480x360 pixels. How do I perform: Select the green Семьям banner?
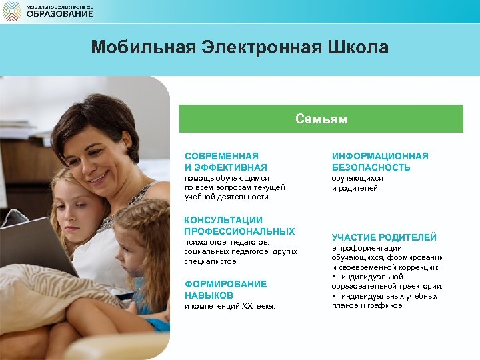321,119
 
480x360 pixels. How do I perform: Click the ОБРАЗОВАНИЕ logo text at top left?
59,14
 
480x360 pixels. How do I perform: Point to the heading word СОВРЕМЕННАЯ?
221,156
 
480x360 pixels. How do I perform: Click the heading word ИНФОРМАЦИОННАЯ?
380,156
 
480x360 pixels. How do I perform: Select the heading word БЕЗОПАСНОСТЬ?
371,167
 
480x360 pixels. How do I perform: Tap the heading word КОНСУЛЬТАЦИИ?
223,220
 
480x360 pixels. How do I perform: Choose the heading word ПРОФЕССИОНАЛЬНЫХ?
239,231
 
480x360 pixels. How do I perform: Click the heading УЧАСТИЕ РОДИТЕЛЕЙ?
384,237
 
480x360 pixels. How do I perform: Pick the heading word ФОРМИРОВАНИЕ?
225,284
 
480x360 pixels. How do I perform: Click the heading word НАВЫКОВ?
209,295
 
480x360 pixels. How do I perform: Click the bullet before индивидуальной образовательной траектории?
334,277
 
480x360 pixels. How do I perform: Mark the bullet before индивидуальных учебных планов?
334,296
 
